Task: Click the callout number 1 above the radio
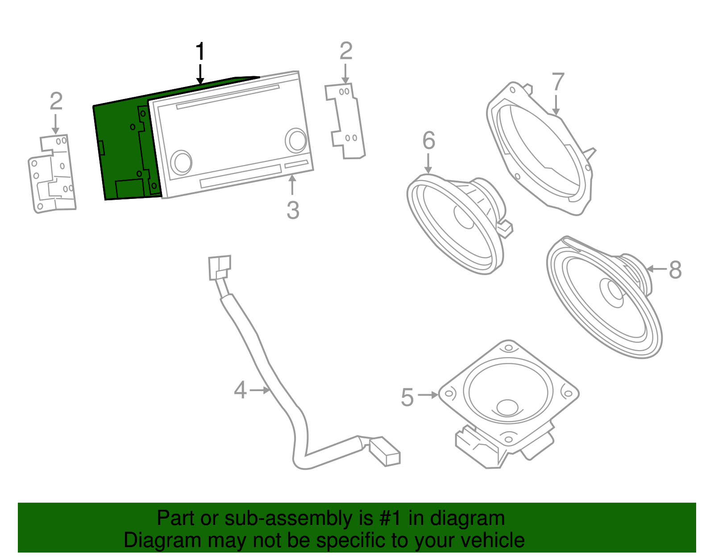(200, 52)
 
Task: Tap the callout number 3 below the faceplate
(293, 210)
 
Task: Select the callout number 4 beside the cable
(240, 390)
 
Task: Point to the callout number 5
(407, 397)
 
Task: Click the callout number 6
(428, 140)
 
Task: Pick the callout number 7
(558, 83)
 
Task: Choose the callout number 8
(675, 270)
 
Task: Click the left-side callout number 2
(56, 101)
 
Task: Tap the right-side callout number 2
(346, 51)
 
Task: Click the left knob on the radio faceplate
(181, 162)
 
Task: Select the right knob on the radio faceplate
(295, 140)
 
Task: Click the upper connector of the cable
(220, 267)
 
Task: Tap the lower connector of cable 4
(384, 451)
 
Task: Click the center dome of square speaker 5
(507, 407)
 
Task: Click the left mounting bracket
(52, 174)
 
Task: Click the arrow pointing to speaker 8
(656, 269)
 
